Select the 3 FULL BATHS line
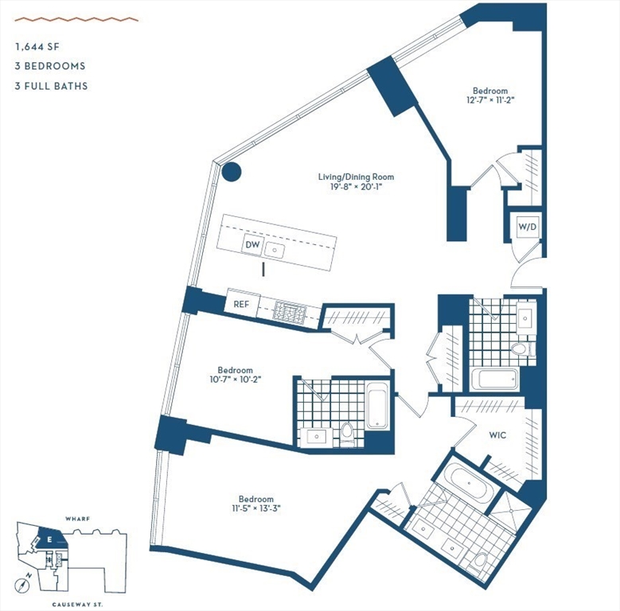[x=51, y=86]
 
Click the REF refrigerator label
[x=241, y=304]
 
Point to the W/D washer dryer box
[x=528, y=228]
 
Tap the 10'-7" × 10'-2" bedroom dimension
[x=235, y=380]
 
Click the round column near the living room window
[x=231, y=171]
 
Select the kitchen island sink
[x=276, y=250]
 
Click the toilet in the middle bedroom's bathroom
[x=347, y=433]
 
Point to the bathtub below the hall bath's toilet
[x=494, y=379]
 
